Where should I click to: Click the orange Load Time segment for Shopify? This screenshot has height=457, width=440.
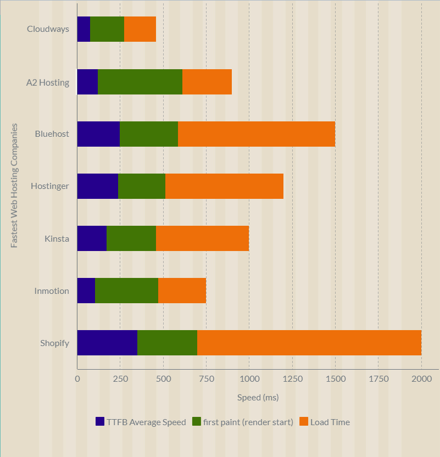coord(309,343)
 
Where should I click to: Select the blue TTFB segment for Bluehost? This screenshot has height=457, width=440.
coord(98,133)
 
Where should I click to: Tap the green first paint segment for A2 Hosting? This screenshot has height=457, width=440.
coord(140,81)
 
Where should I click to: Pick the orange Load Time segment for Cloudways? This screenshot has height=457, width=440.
coord(140,29)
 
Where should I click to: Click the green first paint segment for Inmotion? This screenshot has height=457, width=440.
coord(126,291)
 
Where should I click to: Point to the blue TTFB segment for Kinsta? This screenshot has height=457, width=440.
coord(92,238)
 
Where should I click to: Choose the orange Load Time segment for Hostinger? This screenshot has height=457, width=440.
coord(224,186)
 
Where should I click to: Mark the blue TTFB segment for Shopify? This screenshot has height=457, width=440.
coord(107,343)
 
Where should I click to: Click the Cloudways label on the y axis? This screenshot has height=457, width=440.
coord(48,29)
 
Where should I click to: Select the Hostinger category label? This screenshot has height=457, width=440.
coord(50,186)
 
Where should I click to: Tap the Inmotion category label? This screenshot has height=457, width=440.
coord(52,291)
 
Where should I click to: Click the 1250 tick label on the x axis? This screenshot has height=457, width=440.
coord(292,378)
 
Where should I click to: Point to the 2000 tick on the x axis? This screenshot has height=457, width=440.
coord(421,378)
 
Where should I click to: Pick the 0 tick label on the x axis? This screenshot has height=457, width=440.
coord(77,378)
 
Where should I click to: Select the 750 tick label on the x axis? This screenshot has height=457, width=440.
coord(206,378)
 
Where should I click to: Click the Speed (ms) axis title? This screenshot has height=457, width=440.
coord(258,397)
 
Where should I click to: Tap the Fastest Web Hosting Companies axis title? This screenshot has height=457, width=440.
coord(15,186)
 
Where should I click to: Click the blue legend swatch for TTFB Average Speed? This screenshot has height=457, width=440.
coord(100,422)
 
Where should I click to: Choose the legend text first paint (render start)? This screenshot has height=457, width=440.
coord(248,422)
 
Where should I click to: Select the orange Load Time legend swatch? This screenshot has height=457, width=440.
coord(303,422)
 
